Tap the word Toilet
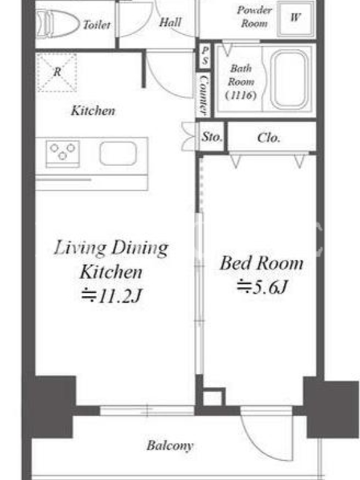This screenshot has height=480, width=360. (97, 25)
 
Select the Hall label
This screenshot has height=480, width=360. (170, 22)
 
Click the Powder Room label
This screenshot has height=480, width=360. (254, 17)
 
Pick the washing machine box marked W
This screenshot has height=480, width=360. (296, 19)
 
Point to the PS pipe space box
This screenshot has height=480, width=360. (205, 55)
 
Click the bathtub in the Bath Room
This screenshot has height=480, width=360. (289, 79)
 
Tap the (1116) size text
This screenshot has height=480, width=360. (241, 95)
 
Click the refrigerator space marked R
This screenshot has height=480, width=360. (56, 72)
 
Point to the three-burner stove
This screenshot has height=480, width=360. (63, 154)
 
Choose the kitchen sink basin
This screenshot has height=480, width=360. (118, 154)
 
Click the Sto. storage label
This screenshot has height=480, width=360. (211, 137)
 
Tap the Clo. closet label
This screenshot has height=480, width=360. (268, 138)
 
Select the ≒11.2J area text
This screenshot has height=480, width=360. (112, 296)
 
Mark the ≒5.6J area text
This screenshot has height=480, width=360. (262, 287)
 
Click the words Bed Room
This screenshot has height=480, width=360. (262, 263)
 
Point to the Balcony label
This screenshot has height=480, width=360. (170, 446)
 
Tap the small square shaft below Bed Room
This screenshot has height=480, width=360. (214, 397)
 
